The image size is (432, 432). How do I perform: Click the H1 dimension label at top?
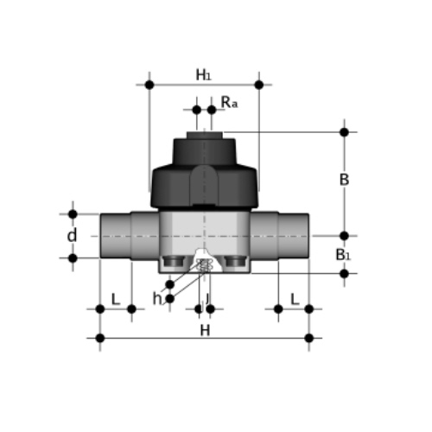pos(203,75)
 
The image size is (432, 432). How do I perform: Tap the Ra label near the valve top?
pos(229,102)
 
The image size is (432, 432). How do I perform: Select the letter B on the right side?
pos(344,180)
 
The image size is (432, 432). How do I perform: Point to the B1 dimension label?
pos(343,255)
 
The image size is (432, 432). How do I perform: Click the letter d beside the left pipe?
pos(72,235)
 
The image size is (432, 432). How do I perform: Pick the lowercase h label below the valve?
pos(157,298)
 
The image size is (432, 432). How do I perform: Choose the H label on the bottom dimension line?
pos(205,330)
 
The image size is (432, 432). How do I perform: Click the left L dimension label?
pos(115,299)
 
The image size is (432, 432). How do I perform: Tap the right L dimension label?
pos(295,299)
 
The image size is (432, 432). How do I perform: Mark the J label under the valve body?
pos(207,299)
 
